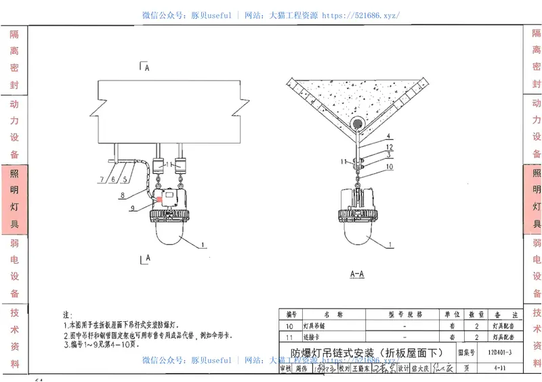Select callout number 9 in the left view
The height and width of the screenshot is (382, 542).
click(133, 208)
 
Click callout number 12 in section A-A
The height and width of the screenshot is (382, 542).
click(390, 147)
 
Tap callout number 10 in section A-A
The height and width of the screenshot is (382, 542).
click(390, 166)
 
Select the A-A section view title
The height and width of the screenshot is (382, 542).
click(357, 274)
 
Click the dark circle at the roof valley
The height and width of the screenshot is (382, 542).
click(356, 124)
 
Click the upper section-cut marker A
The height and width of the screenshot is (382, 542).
click(144, 66)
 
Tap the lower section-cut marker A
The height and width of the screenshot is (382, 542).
click(144, 258)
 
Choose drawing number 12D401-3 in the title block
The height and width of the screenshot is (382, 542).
click(499, 352)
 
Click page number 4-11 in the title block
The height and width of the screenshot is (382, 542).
click(502, 368)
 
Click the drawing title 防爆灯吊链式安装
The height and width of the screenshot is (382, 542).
click(367, 352)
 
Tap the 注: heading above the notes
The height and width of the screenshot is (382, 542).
click(67, 315)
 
